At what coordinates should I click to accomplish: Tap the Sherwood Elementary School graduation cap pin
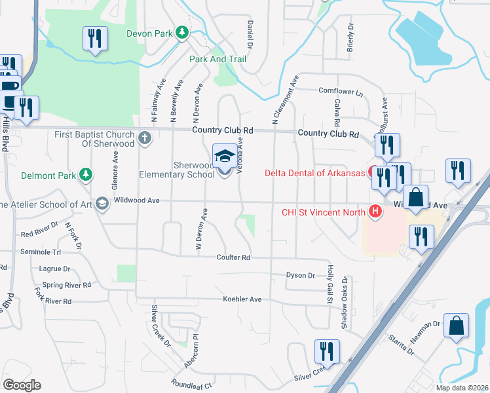(225, 158)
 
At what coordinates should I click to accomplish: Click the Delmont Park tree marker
(85, 174)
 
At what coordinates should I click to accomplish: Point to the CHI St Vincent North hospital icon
(375, 211)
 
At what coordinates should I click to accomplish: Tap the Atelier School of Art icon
(102, 204)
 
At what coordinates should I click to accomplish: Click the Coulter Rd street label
(233, 258)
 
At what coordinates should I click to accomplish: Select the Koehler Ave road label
(242, 299)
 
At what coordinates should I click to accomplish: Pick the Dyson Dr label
(301, 275)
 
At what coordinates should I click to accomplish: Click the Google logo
(21, 385)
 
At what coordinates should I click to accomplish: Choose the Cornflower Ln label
(340, 92)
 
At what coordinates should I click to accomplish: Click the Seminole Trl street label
(41, 252)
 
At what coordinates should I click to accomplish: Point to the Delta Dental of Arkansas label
(314, 174)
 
